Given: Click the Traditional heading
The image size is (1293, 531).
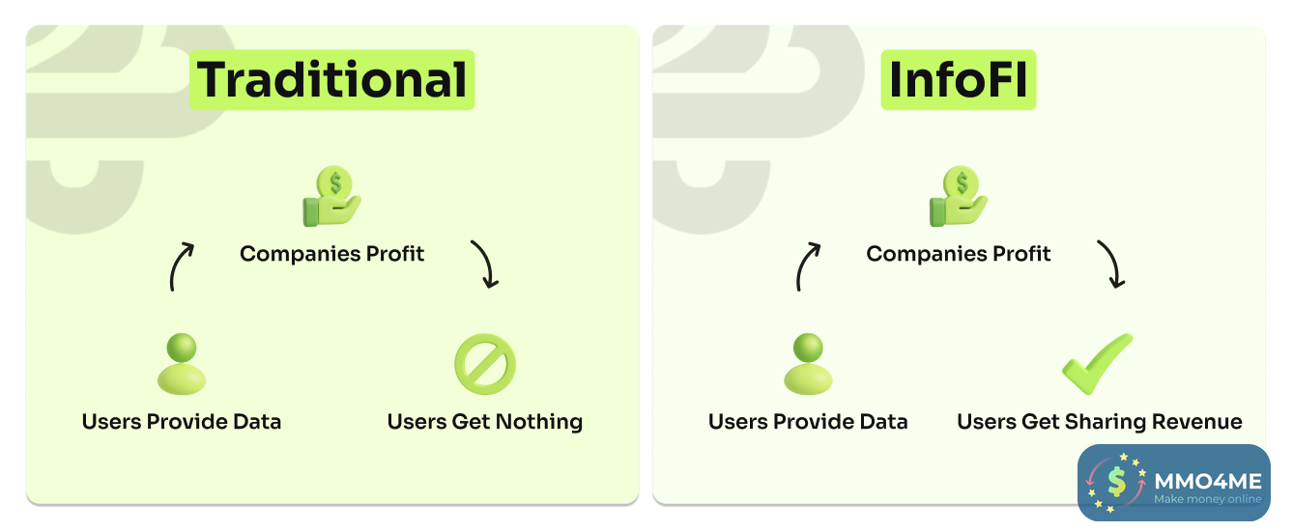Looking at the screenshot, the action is point(331,80).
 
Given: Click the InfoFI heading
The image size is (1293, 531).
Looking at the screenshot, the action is point(959,80).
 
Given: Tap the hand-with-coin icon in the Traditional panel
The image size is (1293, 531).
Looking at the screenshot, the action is point(331,196).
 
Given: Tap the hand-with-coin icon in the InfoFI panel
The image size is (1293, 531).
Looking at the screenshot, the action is point(959,196).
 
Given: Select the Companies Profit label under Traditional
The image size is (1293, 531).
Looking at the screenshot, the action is point(331,254).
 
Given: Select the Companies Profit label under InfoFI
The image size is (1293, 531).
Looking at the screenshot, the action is point(959,254).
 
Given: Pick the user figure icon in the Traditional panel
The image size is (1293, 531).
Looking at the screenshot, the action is point(182,364).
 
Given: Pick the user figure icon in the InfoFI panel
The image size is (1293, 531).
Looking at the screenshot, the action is point(808,364).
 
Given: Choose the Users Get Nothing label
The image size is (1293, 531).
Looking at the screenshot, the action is point(485,422).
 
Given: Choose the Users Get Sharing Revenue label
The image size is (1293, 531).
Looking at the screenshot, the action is point(1100,422).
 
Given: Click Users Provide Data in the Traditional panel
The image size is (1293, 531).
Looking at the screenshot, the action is point(182,422).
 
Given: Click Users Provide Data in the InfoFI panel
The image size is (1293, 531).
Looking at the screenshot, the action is point(808,422).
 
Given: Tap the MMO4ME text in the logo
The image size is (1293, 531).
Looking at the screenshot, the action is point(1208,481).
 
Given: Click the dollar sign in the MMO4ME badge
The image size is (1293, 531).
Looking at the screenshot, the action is point(1117,482).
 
